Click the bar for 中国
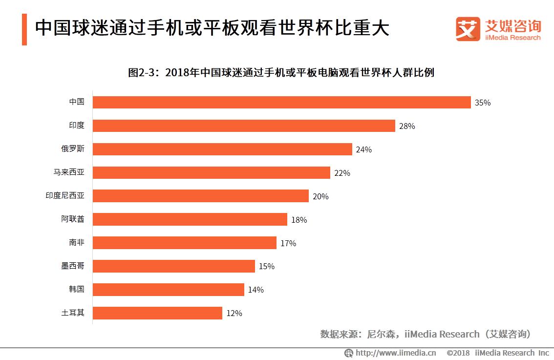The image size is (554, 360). (281, 102)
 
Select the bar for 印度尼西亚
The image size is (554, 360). (200, 196)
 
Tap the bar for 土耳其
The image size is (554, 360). (157, 313)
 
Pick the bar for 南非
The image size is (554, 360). (184, 243)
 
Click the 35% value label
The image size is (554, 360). (482, 103)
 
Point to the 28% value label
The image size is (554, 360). (407, 126)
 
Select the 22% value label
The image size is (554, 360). (342, 173)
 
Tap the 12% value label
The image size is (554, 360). (234, 314)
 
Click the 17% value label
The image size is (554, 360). (288, 243)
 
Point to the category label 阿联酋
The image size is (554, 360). (72, 219)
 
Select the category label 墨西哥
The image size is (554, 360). (72, 266)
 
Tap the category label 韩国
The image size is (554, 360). (76, 289)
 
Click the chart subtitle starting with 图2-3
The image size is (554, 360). (281, 73)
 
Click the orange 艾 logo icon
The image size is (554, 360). (468, 29)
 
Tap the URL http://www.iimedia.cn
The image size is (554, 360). (395, 353)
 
